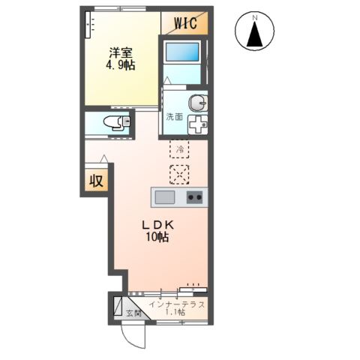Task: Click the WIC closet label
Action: pyautogui.click(x=185, y=23)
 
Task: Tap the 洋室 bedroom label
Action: pyautogui.click(x=121, y=52)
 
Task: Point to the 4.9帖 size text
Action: pyautogui.click(x=121, y=66)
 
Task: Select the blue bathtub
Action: pyautogui.click(x=182, y=52)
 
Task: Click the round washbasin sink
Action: pyautogui.click(x=198, y=103)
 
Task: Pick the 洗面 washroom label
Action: pyautogui.click(x=175, y=117)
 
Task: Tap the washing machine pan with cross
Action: pyautogui.click(x=198, y=124)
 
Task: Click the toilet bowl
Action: pyautogui.click(x=116, y=122)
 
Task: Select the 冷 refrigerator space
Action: pyautogui.click(x=179, y=149)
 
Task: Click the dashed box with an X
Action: pyautogui.click(x=179, y=175)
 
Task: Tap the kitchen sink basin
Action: pyautogui.click(x=165, y=197)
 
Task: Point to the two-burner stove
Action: pyautogui.click(x=195, y=197)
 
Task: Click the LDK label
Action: pyautogui.click(x=157, y=226)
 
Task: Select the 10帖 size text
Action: pyautogui.click(x=157, y=237)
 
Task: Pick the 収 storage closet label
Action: pyautogui.click(x=97, y=181)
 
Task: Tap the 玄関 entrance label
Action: pyautogui.click(x=133, y=313)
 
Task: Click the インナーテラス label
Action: pyautogui.click(x=177, y=304)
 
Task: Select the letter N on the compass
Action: pyautogui.click(x=255, y=18)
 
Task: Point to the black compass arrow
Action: pyautogui.click(x=254, y=34)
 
